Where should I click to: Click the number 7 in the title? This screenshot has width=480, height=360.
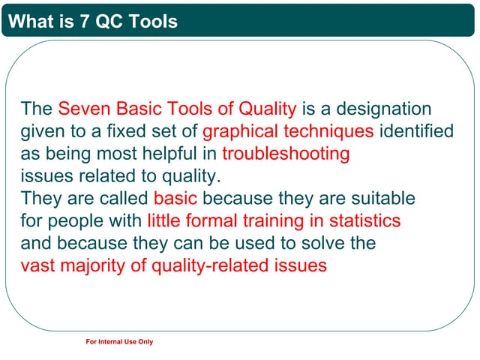pyautogui.click(x=84, y=22)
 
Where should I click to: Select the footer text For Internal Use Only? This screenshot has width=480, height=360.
pyautogui.click(x=120, y=342)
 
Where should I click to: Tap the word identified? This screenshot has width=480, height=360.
pyautogui.click(x=417, y=132)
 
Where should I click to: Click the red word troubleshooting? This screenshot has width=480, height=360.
pyautogui.click(x=286, y=154)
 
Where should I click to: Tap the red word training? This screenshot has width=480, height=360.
pyautogui.click(x=272, y=221)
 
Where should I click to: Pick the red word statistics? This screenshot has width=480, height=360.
pyautogui.click(x=364, y=221)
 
